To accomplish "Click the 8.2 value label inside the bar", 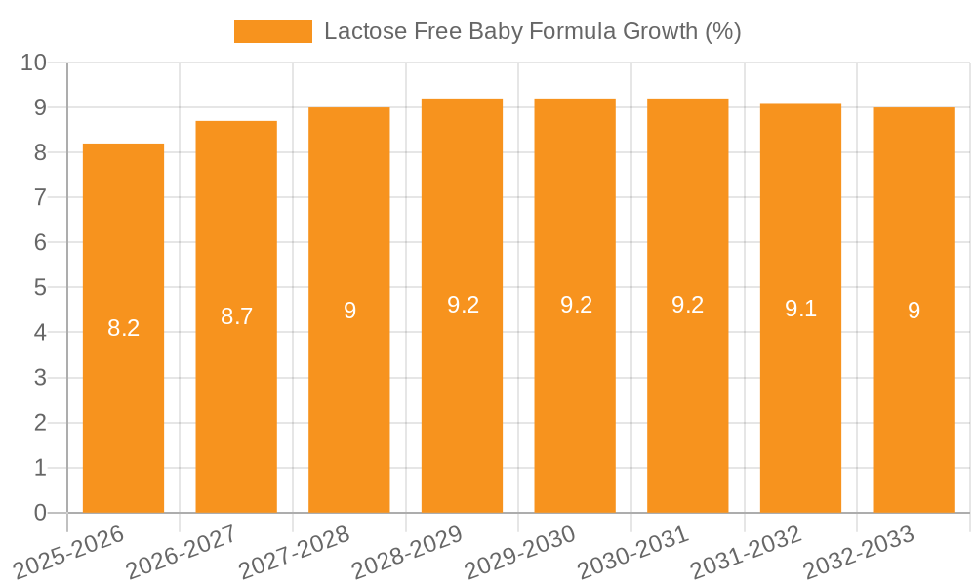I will point(123,328).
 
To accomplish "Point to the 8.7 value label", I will point(236,316).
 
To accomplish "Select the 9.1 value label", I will point(800,309).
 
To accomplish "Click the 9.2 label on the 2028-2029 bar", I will point(463,305).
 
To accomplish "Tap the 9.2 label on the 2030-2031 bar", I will point(687,305).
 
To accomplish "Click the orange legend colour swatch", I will point(273,31).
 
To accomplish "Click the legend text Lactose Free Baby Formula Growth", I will point(532,31).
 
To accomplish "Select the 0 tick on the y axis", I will point(40,513).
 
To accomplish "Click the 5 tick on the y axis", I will point(40,288).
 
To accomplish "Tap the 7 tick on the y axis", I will point(40,198).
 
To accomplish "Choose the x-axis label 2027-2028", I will point(294,552).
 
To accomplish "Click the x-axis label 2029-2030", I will point(519,552).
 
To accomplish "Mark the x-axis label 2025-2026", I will point(68,552).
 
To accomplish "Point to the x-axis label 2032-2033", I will point(858,552).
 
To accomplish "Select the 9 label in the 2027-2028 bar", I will point(349,311).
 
